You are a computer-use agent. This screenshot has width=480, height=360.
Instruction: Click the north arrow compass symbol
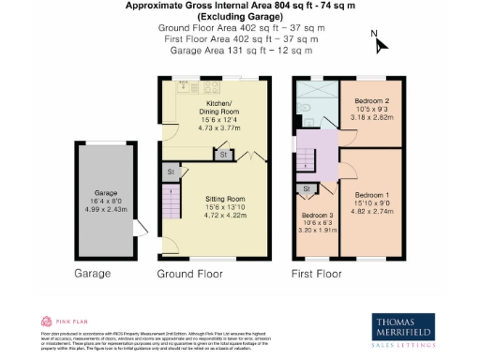click(x=379, y=42)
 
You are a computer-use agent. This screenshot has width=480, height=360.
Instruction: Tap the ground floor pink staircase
click(x=171, y=202)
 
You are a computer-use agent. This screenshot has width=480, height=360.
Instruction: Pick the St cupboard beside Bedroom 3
click(x=307, y=189)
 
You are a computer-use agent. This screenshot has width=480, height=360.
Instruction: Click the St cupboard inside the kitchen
click(x=223, y=153)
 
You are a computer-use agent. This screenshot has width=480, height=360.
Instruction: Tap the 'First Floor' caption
click(x=315, y=274)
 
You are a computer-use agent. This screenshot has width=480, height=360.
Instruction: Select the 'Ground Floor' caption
click(x=189, y=274)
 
